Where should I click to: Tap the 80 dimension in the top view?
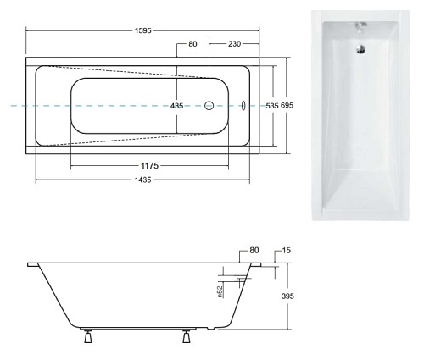click(192, 44)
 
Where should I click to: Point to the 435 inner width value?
click(176, 106)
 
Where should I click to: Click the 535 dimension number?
click(272, 106)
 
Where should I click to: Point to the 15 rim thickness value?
click(287, 251)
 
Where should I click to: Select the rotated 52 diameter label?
click(220, 292)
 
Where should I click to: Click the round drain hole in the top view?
click(209, 106)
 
